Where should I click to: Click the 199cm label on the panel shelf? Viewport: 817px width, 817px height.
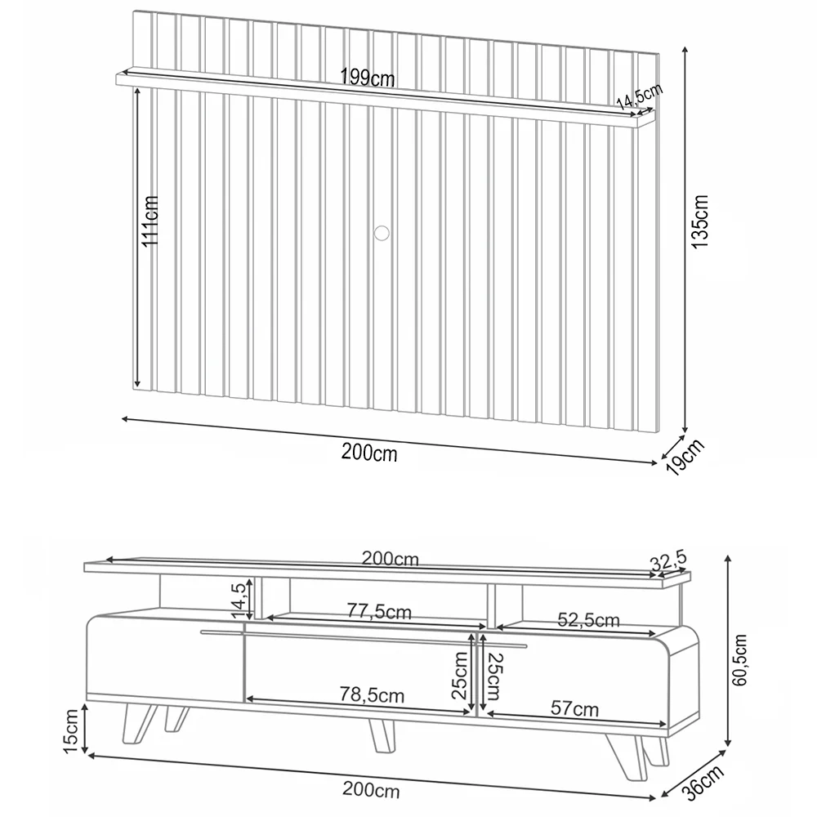coord(368,78)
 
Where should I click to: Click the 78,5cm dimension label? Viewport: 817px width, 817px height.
coord(371,695)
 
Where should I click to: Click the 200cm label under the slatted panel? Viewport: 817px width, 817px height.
coord(370,452)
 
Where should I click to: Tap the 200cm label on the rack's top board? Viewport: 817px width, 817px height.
coord(391,560)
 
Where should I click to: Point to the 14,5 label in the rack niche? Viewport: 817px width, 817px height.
coord(239,600)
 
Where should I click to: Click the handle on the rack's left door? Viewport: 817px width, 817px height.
coord(221,632)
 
